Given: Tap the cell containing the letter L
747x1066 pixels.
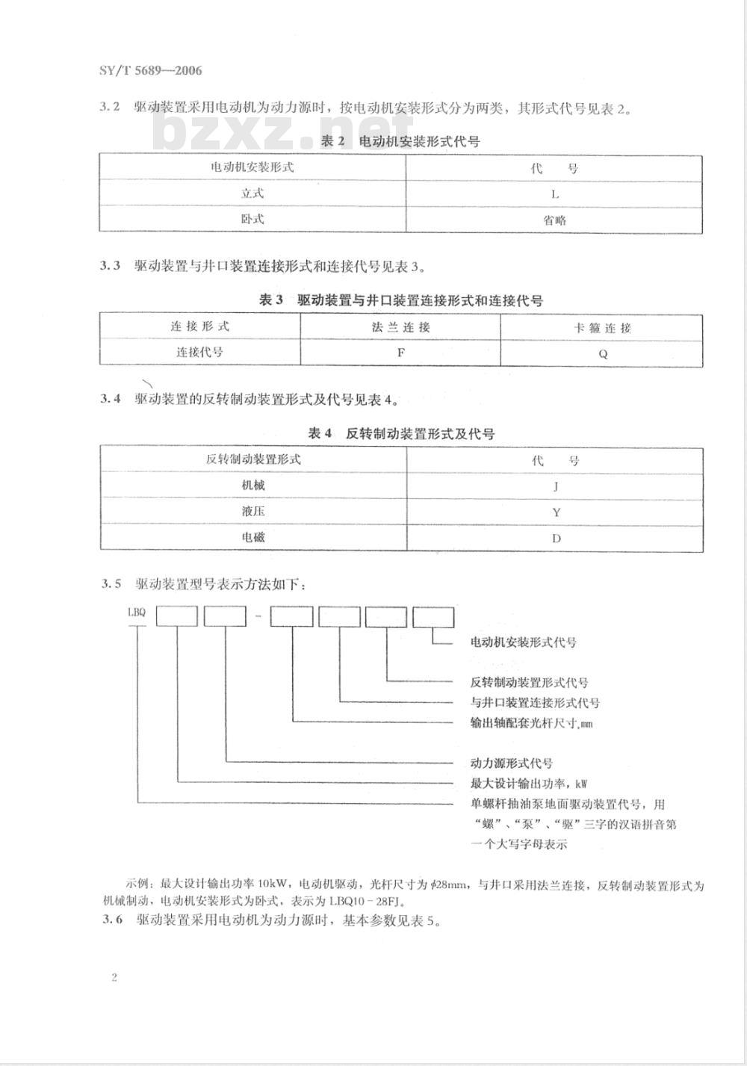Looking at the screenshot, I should pos(554,194).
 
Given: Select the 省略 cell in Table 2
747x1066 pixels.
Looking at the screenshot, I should pos(554,220).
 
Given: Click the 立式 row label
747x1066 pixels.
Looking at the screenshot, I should pos(252,193).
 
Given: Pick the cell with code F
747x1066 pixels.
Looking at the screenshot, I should pos(400,352).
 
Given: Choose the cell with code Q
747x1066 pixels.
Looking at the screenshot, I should pos(603,353).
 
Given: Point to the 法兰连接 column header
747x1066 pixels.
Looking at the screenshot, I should pos(400,327).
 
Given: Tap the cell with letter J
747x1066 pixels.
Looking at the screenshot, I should pos(555,486).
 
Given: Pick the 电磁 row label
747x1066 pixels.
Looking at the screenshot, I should pos(253,537).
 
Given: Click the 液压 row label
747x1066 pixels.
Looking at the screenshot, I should pos(253,512).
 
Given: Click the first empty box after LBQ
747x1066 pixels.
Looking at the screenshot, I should pos(177,616).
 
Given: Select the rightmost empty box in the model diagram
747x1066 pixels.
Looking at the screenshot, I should pos(433,617).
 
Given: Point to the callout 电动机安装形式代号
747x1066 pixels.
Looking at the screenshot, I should pos(523,642).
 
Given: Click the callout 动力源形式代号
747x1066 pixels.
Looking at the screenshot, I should pos(511,763).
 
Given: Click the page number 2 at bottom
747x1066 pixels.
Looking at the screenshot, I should pos(114,978).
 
